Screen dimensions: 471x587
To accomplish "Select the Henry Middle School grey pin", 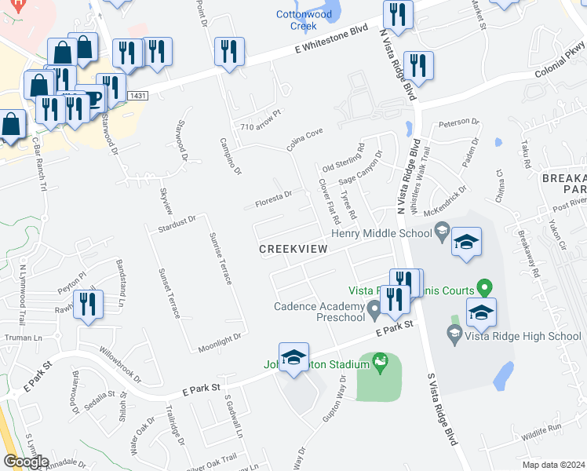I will tap(442, 231).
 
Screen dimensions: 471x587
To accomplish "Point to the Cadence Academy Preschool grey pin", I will tap(374, 312).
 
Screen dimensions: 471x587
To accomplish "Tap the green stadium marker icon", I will tap(381, 363).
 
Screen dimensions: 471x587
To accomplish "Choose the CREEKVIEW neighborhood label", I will tap(294, 248).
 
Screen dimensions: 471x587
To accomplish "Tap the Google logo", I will tap(27, 461).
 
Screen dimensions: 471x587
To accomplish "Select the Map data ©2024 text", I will tap(553, 464).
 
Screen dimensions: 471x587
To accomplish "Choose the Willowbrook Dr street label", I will tap(118, 360).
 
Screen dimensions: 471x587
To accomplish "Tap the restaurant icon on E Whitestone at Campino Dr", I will tap(229, 52).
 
